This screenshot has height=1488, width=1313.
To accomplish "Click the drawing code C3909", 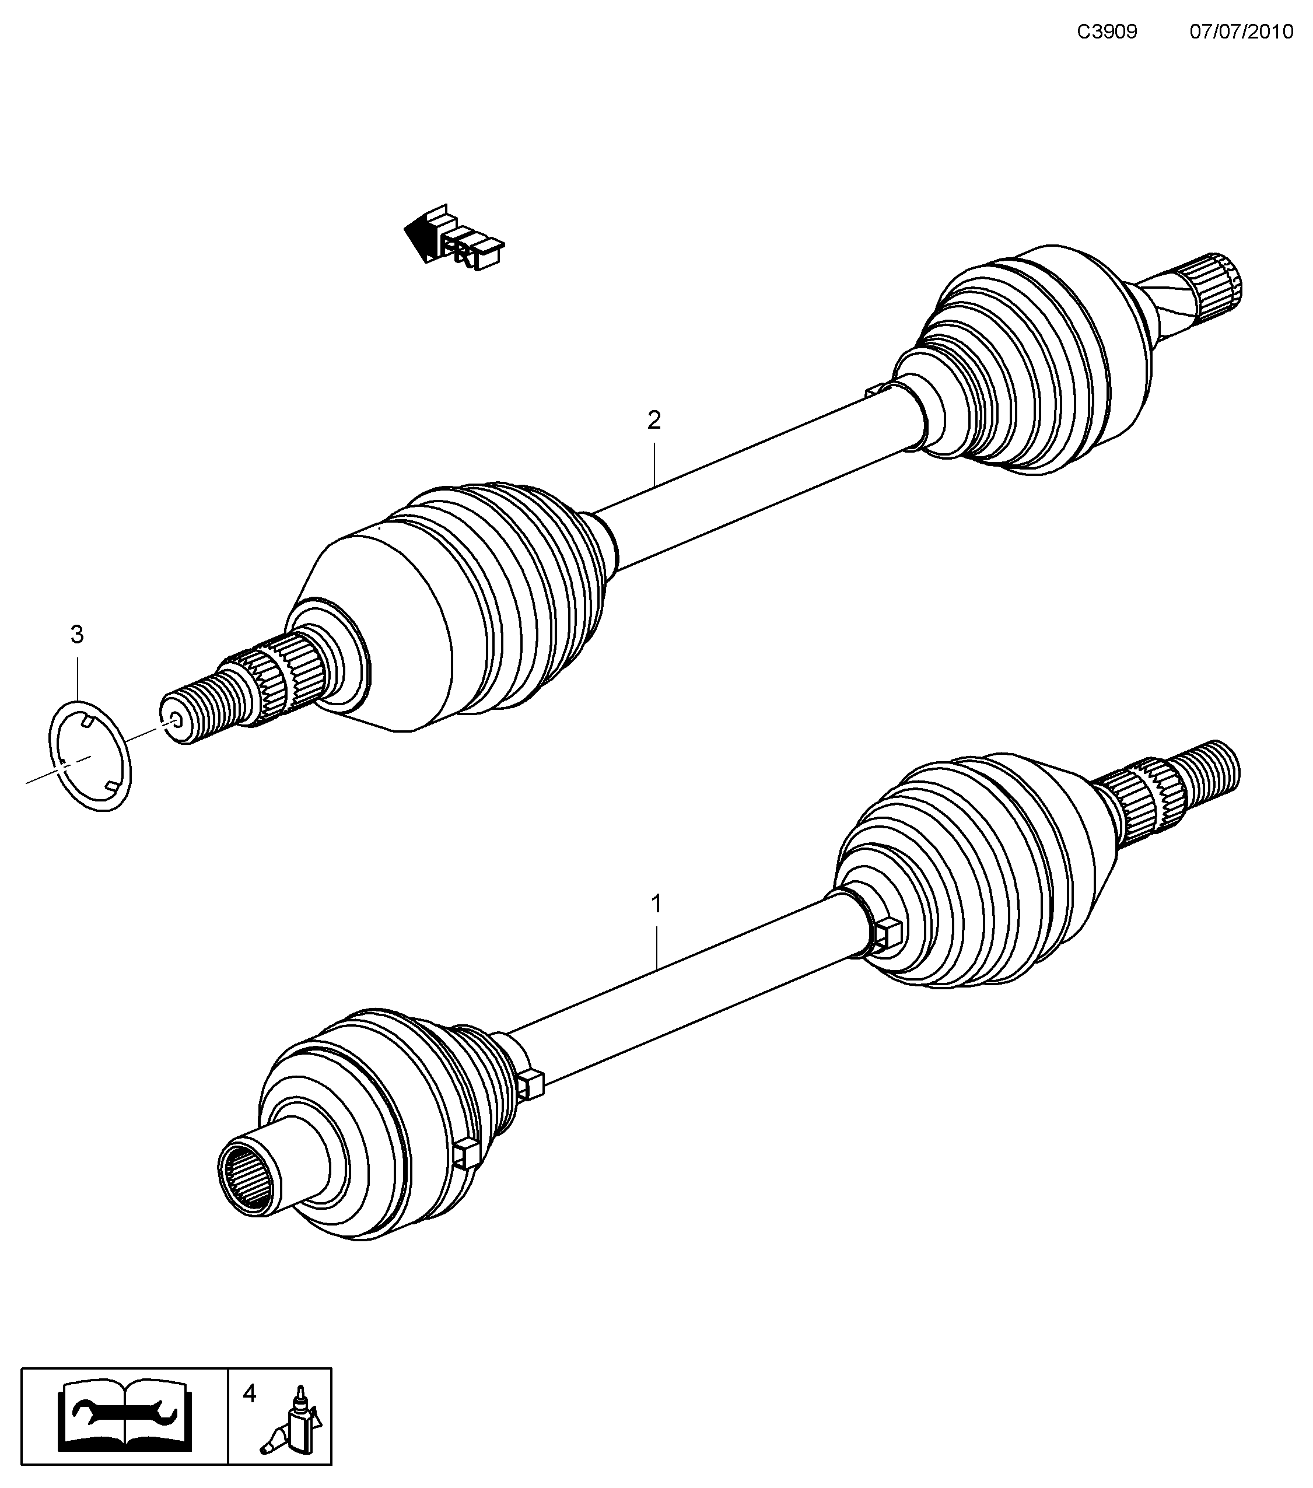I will click(1107, 31).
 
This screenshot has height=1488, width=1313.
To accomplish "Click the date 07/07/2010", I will click(1241, 31).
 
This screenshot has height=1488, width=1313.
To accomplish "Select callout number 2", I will click(654, 420).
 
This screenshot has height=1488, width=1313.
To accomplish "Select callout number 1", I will click(656, 904).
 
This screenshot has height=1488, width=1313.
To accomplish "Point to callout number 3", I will click(77, 635).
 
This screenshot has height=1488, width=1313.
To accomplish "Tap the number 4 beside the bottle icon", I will click(250, 1394).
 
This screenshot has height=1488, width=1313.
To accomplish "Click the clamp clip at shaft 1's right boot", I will click(887, 934).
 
